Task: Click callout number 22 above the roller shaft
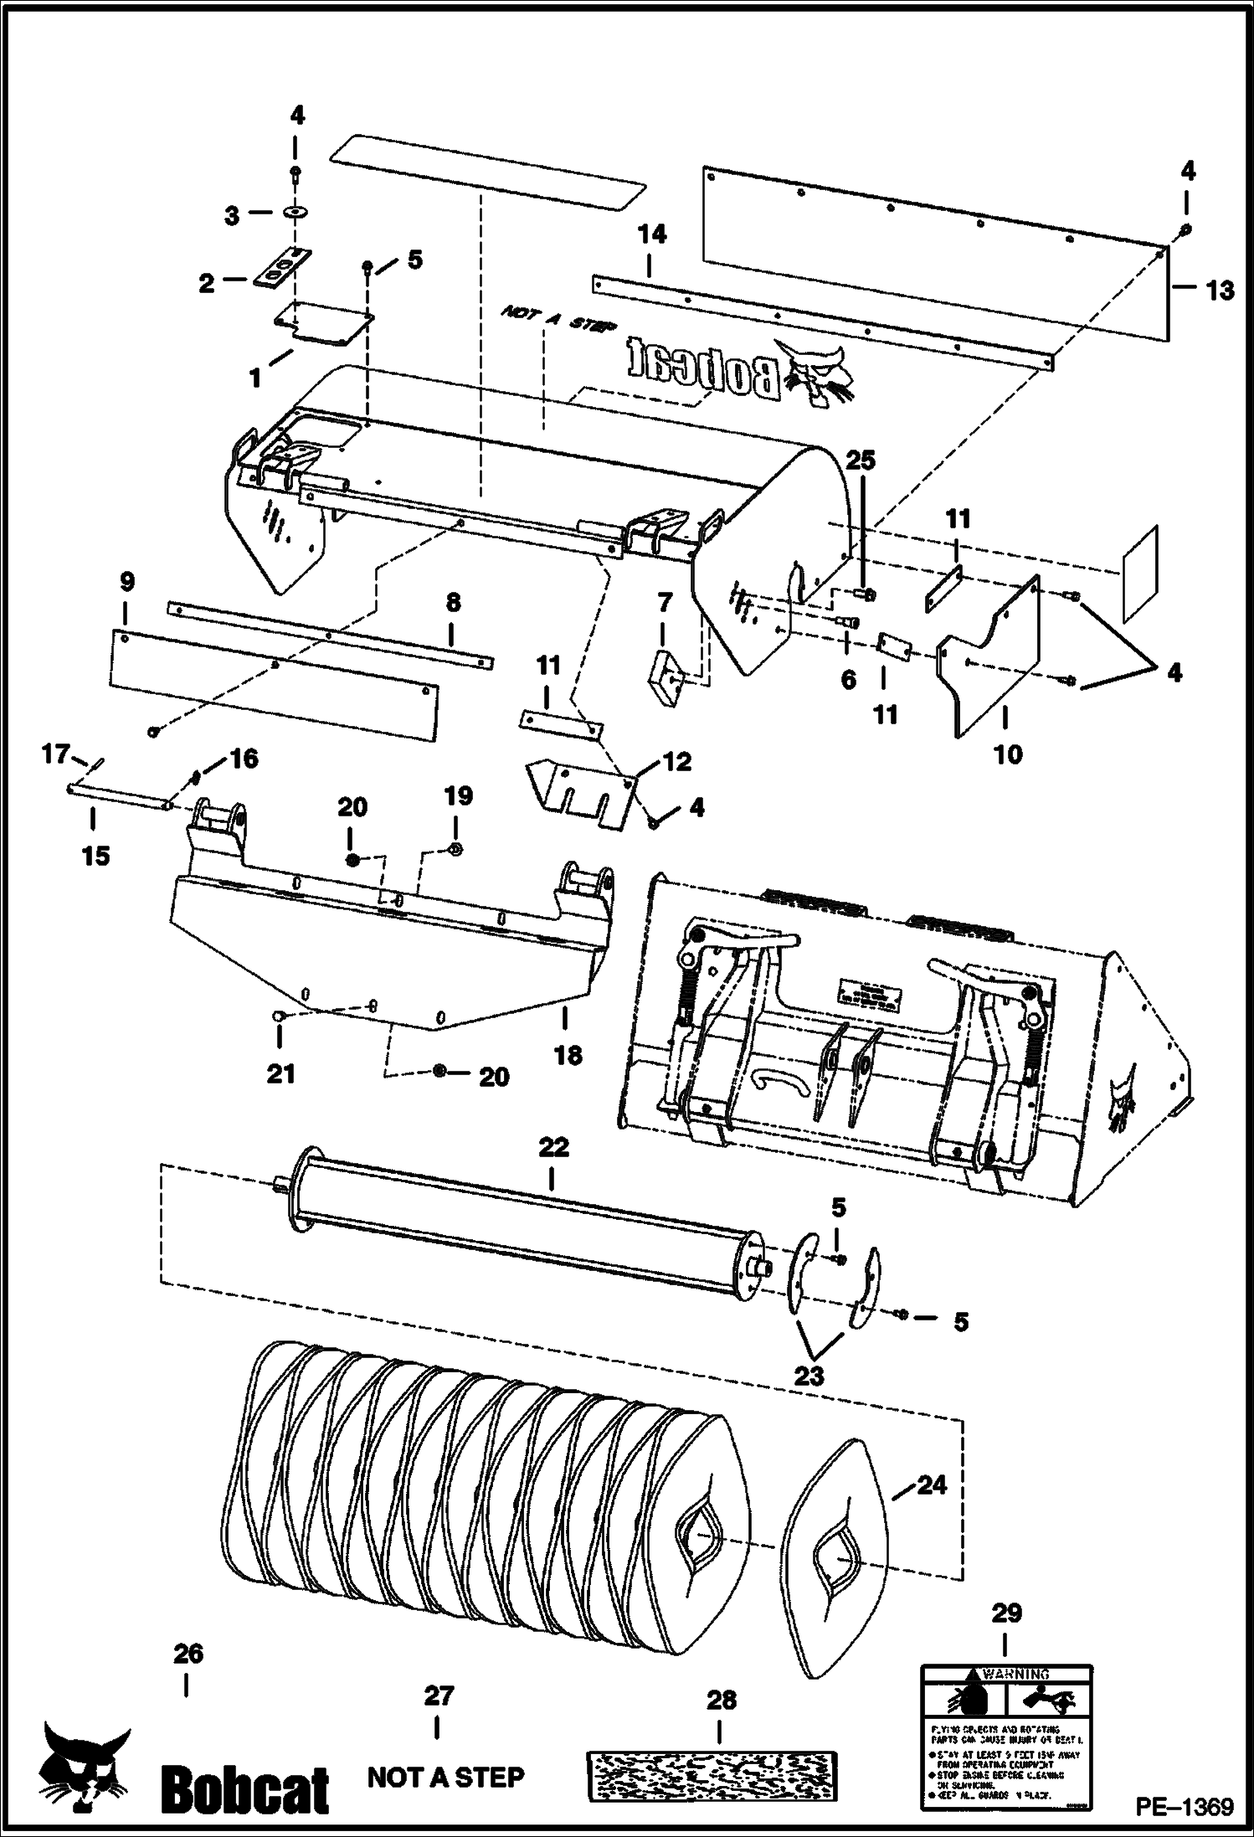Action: pyautogui.click(x=552, y=1147)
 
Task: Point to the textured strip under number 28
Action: pyautogui.click(x=710, y=1773)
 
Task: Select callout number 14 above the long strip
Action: pyautogui.click(x=652, y=235)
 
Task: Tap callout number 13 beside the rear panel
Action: pyautogui.click(x=1220, y=291)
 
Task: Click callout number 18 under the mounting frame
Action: pyautogui.click(x=568, y=1055)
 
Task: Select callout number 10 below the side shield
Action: pyautogui.click(x=1008, y=754)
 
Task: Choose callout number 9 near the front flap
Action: pyautogui.click(x=126, y=582)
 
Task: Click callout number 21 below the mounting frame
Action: pyautogui.click(x=280, y=1073)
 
